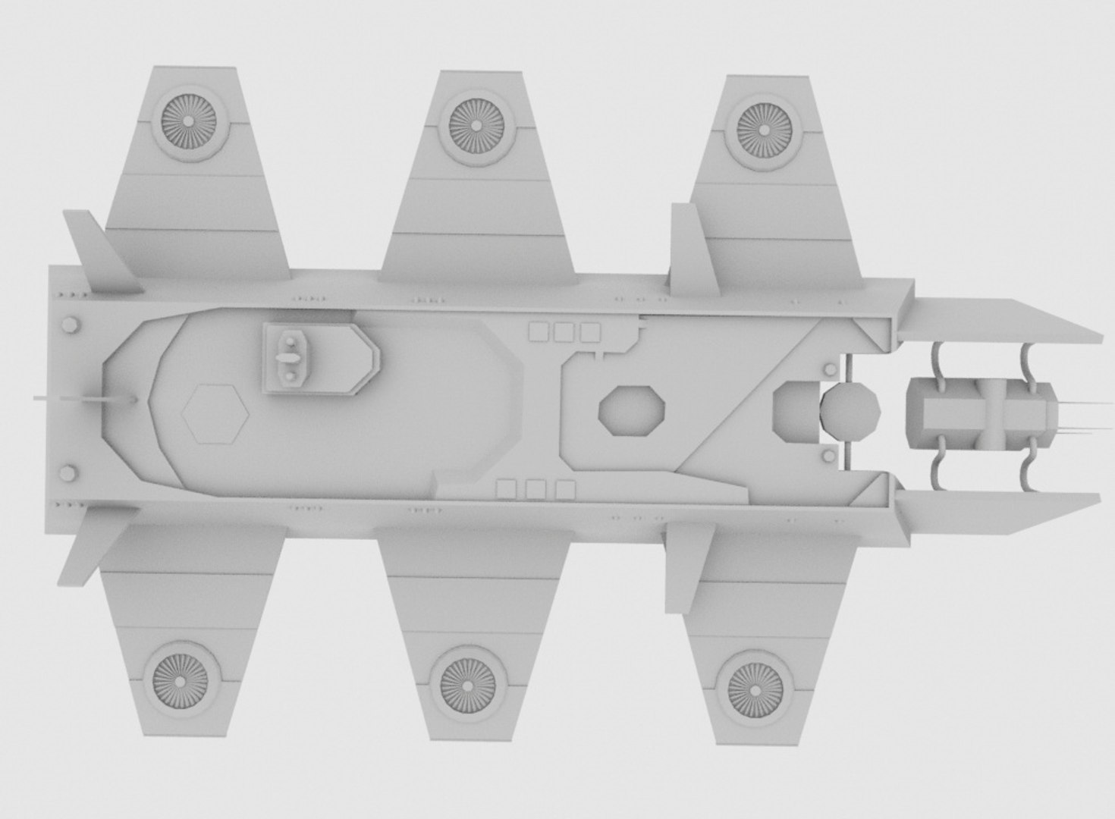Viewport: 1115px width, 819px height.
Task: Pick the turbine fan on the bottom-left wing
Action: click(181, 677)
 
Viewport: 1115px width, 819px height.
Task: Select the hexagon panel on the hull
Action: click(215, 413)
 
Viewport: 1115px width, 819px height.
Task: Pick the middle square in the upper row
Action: click(564, 332)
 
